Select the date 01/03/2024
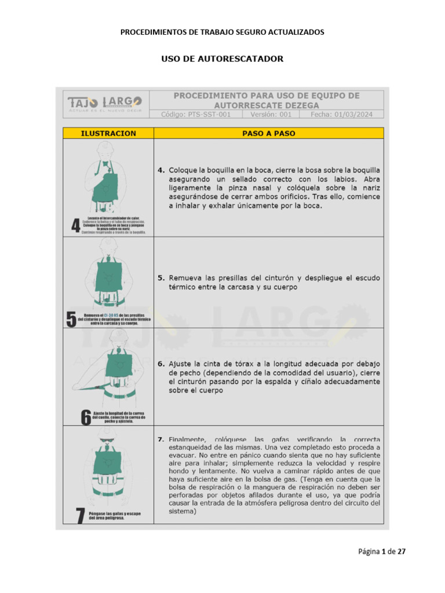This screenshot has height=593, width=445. pos(341,115)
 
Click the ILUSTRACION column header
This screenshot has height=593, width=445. pos(108,133)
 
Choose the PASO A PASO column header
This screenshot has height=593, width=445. pos(268,133)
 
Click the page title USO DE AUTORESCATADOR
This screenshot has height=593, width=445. pos(222,59)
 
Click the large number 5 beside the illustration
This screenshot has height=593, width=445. pos(71,319)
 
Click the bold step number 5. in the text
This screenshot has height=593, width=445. pos(162,278)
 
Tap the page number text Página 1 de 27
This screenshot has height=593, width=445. pos(381,552)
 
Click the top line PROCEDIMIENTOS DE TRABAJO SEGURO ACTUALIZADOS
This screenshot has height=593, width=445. pos(222,32)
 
